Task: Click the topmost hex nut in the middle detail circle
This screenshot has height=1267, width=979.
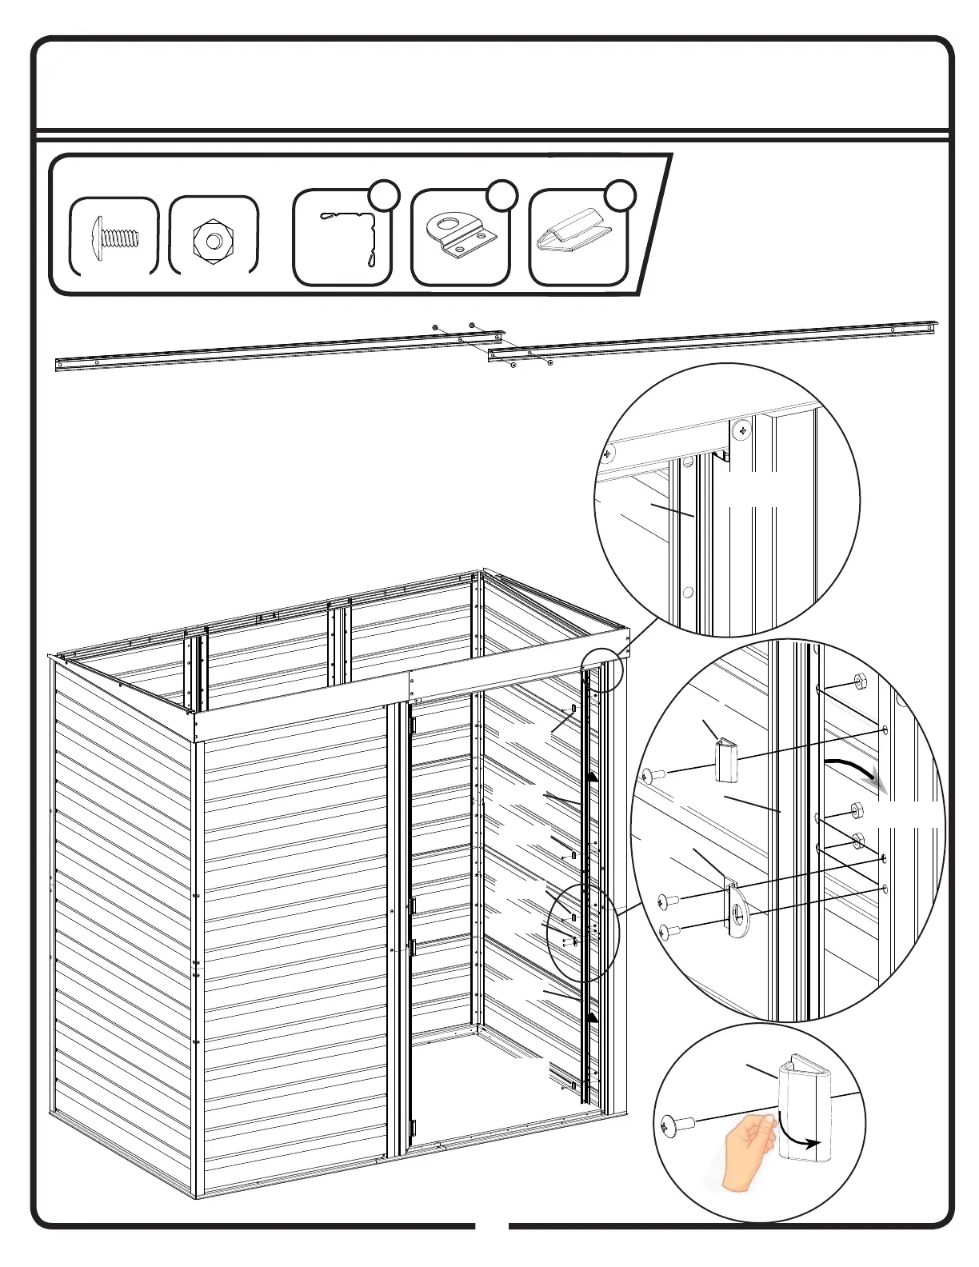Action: (x=861, y=681)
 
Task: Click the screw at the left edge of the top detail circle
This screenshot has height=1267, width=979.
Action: (x=609, y=453)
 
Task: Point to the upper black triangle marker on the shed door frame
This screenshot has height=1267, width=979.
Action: (x=593, y=776)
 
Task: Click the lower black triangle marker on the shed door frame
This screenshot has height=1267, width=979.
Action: (x=593, y=1017)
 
